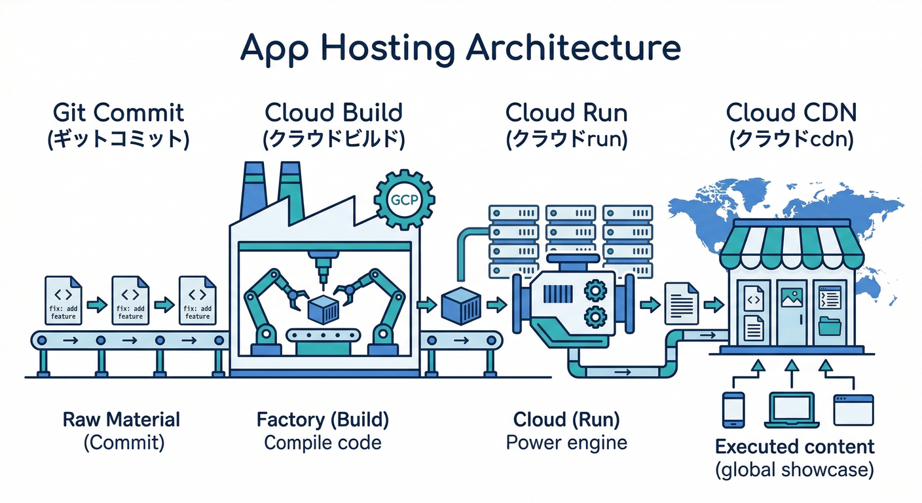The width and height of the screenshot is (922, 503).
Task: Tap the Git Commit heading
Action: tap(119, 113)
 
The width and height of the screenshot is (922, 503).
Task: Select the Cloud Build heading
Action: tap(333, 113)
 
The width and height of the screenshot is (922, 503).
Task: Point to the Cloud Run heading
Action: tap(566, 113)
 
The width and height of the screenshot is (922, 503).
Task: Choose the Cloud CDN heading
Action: tap(791, 113)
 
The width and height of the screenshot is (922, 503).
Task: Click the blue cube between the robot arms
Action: tap(322, 308)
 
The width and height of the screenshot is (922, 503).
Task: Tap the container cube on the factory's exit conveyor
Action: tap(462, 305)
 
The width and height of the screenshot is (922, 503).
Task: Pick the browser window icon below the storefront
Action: tap(853, 410)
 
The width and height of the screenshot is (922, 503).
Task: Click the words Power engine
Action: tap(566, 443)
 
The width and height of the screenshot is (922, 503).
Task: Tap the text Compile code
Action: tap(322, 443)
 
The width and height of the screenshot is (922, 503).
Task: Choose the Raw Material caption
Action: tap(121, 420)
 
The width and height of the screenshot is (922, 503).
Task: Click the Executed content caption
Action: tap(794, 447)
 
